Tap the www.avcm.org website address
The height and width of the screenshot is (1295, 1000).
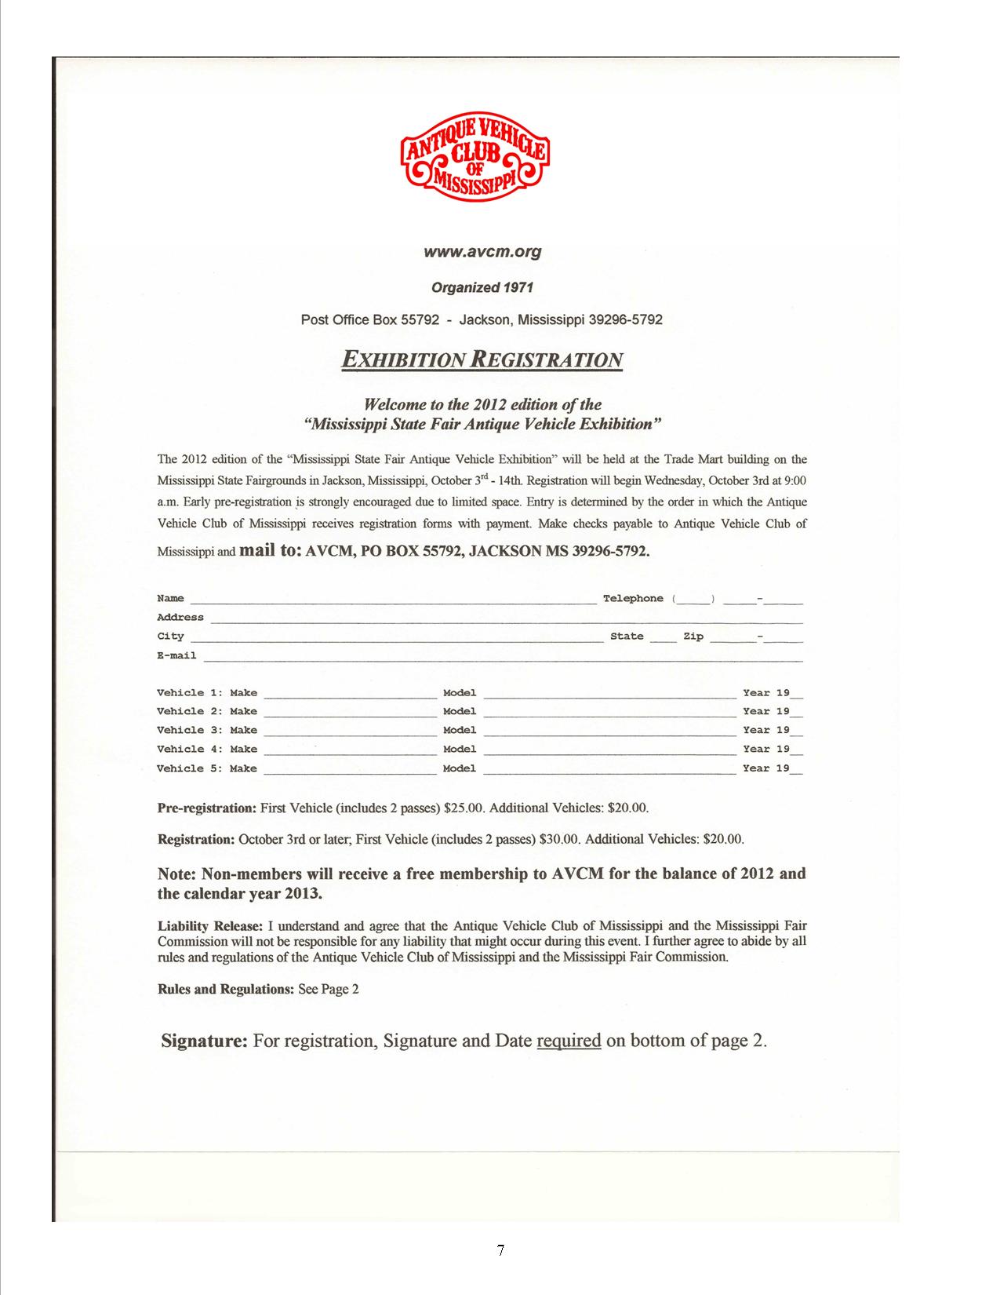[x=482, y=252]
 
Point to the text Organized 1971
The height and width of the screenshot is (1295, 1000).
[x=482, y=287]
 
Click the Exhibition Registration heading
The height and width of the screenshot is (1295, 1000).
[x=482, y=360]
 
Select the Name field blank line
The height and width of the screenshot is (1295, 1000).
[x=392, y=600]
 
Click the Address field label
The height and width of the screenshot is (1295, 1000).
[x=180, y=618]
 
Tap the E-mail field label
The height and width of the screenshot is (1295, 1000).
[x=177, y=655]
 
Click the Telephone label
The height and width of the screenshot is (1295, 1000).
[x=633, y=599]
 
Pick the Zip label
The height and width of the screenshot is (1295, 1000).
[x=693, y=637]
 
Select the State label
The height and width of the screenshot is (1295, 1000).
[x=627, y=637]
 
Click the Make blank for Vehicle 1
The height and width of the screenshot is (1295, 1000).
[x=350, y=695]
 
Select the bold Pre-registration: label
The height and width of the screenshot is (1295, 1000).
[x=207, y=808]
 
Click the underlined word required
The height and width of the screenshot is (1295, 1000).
[x=569, y=1041]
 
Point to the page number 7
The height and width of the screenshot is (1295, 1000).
[x=500, y=1250]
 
